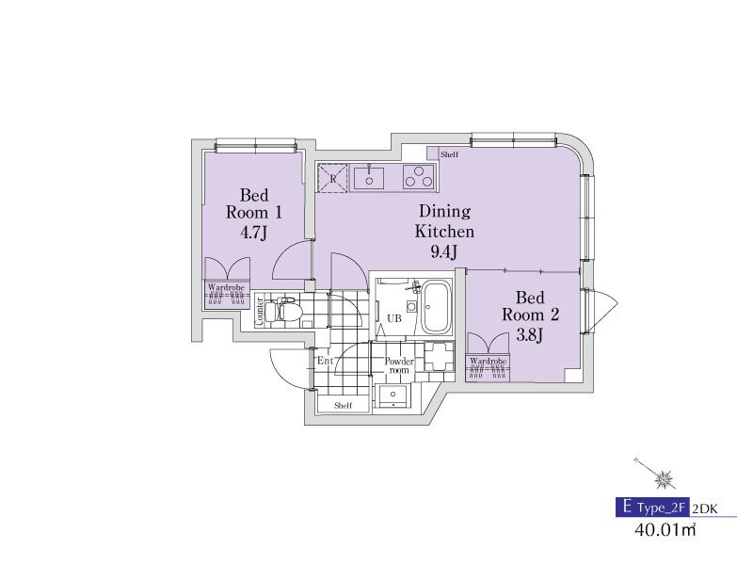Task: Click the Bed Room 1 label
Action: point(253,203)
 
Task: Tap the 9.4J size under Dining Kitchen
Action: point(443,251)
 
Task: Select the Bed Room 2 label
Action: point(530,306)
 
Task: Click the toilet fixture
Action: point(283,310)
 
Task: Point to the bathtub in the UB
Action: point(436,308)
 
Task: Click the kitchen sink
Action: point(369,177)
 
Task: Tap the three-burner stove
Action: point(419,176)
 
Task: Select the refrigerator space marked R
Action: point(333,178)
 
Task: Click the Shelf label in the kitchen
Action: point(450,154)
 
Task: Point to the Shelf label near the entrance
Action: point(343,406)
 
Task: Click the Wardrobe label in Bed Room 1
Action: point(226,288)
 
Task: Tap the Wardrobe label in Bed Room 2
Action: point(488,361)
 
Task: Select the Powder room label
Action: point(398,365)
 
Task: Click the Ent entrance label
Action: point(325,361)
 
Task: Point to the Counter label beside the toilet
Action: point(260,312)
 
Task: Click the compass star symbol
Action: point(665,478)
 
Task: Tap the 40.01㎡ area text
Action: point(665,530)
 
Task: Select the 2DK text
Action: point(704,508)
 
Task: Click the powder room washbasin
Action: point(393,395)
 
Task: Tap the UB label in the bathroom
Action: point(394,318)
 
